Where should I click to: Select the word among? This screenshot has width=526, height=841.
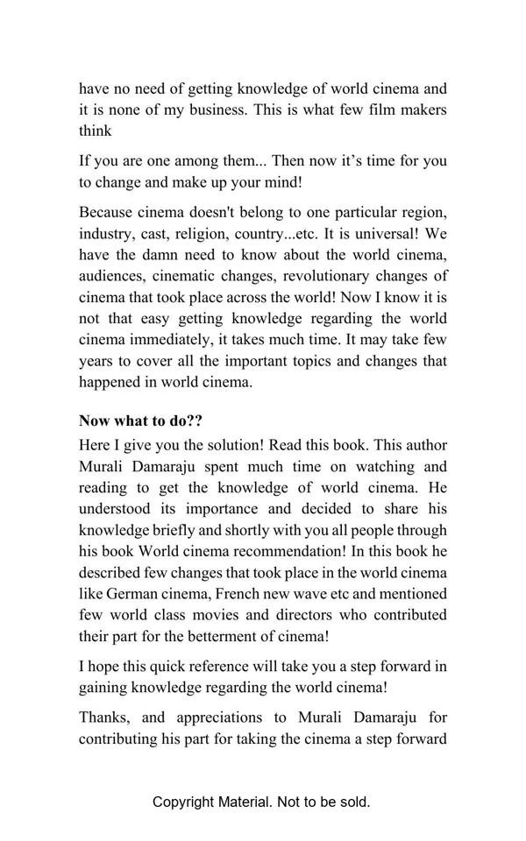(x=201, y=161)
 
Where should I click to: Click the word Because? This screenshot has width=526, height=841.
(x=107, y=213)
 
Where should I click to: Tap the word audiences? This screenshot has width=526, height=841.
(x=111, y=276)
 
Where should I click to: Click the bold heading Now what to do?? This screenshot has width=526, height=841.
(x=141, y=420)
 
